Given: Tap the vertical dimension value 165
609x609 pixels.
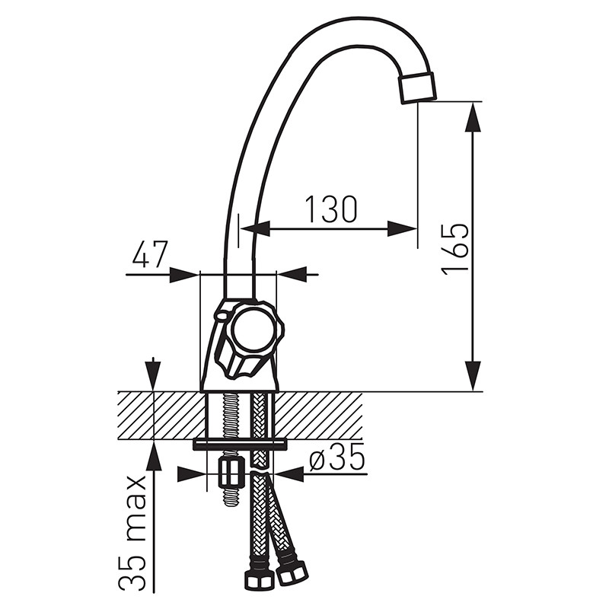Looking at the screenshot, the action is (x=455, y=249).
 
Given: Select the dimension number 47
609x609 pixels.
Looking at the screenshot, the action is (x=150, y=254).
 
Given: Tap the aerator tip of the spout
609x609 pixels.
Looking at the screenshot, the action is (x=417, y=88).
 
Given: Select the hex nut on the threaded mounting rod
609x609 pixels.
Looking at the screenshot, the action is (x=231, y=473).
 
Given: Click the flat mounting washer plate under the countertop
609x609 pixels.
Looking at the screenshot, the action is (x=240, y=445).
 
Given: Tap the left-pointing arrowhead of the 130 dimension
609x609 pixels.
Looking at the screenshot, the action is (x=256, y=229).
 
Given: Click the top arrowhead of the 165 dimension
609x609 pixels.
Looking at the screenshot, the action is (x=473, y=117).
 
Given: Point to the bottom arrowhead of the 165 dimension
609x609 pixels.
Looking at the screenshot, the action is (x=473, y=375).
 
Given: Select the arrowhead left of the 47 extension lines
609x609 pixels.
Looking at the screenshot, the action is (x=184, y=275).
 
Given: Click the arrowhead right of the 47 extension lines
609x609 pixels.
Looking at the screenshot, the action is (x=292, y=274).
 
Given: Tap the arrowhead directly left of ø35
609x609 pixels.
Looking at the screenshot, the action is (x=289, y=473).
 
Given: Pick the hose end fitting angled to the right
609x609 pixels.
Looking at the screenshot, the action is (x=292, y=573).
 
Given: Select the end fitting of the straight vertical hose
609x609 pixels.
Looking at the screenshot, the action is (x=257, y=581).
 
